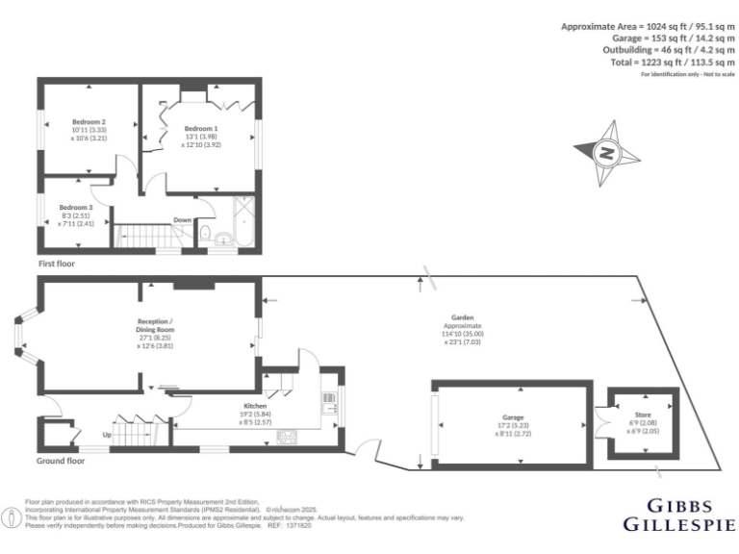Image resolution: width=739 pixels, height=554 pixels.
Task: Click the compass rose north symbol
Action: (606, 152)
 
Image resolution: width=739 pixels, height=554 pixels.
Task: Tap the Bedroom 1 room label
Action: (201, 128)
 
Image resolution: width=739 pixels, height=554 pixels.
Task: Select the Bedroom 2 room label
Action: (89, 122)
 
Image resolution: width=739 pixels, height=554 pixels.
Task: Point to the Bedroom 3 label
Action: (76, 208)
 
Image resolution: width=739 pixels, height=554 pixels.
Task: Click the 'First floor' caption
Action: (57, 263)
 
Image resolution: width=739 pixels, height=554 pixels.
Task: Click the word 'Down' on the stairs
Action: (182, 219)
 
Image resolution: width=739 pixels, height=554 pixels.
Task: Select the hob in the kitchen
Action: (288, 438)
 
